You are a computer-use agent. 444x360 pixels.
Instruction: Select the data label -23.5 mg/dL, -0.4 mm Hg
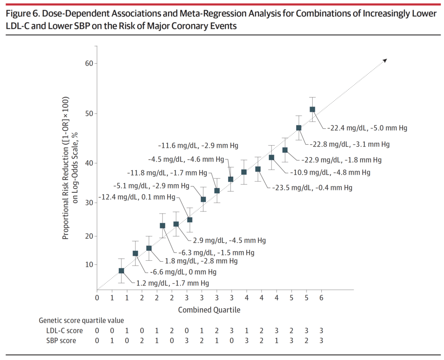(312, 188)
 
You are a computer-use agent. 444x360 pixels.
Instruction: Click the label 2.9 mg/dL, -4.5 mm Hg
(229, 240)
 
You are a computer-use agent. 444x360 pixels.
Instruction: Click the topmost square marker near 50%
(312, 110)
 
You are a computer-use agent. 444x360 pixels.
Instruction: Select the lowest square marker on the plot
(121, 271)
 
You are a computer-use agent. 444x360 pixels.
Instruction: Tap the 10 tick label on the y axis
(88, 265)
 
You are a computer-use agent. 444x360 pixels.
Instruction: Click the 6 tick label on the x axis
(321, 298)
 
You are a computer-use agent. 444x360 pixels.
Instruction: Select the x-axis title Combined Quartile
(209, 310)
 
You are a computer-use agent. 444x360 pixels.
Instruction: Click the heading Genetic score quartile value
(81, 321)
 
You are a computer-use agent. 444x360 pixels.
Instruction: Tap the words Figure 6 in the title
(21, 13)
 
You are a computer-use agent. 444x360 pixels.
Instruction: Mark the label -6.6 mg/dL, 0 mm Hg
(183, 272)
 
